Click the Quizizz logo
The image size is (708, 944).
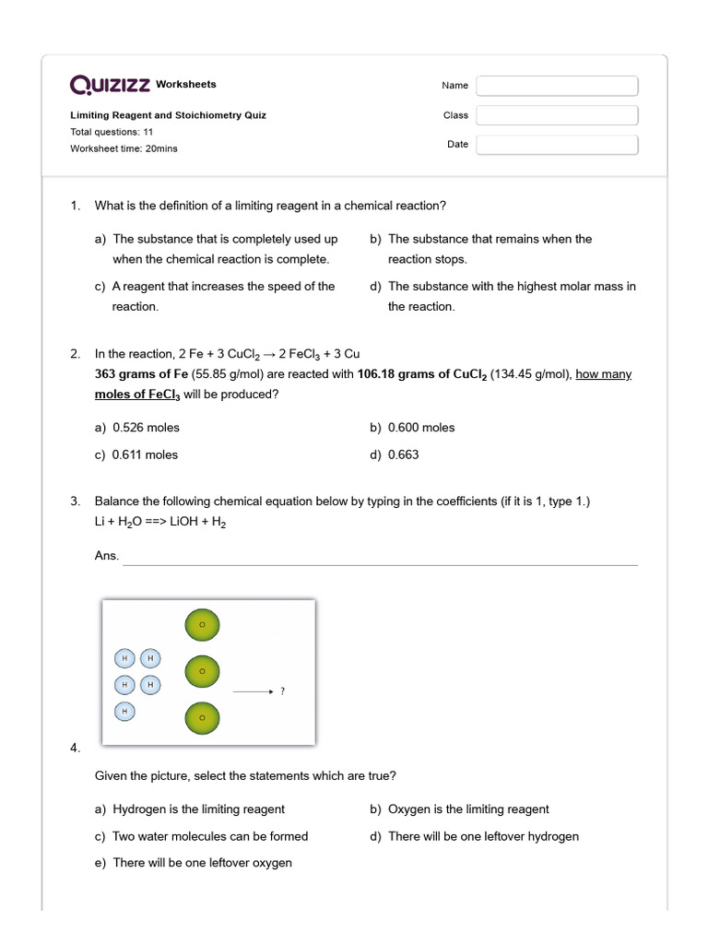(x=111, y=85)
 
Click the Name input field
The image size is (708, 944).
(x=557, y=86)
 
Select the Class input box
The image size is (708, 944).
(x=557, y=115)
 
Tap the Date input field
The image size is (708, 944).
(x=557, y=145)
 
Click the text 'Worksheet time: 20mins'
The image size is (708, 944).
(x=124, y=148)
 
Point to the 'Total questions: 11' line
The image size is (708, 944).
(x=112, y=132)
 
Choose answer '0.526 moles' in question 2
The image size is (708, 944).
(x=146, y=428)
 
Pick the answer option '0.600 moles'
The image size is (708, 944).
(x=421, y=428)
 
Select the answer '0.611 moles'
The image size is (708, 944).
(x=145, y=454)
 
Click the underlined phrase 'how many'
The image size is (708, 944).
(x=604, y=374)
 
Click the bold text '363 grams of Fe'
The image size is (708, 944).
(x=141, y=374)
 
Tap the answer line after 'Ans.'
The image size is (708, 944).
(x=380, y=558)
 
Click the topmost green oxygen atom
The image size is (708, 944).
(x=203, y=626)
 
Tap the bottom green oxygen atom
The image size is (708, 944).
(x=203, y=716)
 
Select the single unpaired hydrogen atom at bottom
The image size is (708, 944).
(x=124, y=711)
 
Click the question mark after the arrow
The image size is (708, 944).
(x=282, y=690)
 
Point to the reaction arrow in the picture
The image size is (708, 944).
(x=253, y=690)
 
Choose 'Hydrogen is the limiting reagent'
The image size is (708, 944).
(x=198, y=809)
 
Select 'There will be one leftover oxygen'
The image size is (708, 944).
(x=202, y=863)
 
